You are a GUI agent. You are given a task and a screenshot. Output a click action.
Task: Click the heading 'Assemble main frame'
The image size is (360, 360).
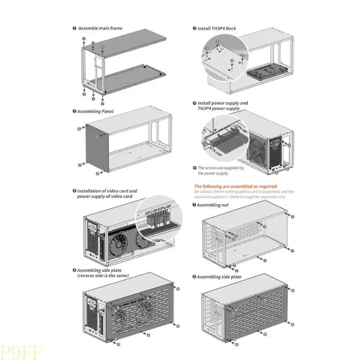point(100,28)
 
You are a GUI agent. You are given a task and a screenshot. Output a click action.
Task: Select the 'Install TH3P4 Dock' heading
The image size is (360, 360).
point(216,28)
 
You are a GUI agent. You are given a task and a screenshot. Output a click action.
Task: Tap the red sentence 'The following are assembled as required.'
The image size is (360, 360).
point(235,186)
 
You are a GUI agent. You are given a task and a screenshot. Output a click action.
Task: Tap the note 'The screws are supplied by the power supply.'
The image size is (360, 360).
point(220,170)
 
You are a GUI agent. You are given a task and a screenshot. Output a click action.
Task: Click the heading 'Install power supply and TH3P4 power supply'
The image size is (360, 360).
point(222,106)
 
